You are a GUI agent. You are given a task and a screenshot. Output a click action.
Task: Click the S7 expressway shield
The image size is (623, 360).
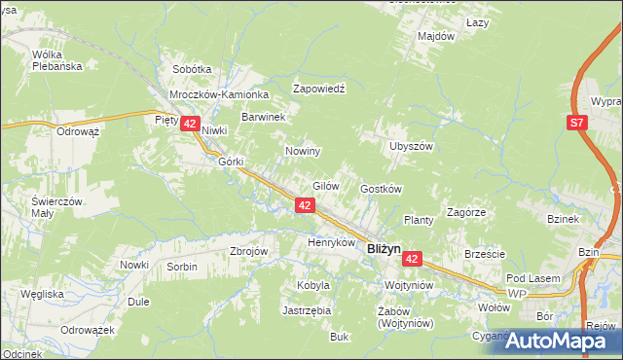click(578, 123)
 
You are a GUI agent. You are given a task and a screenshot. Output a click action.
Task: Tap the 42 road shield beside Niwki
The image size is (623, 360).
click(190, 125)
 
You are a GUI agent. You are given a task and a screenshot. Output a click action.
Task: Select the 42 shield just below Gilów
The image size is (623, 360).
click(305, 205)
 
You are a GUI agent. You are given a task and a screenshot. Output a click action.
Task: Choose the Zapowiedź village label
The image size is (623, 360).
click(320, 88)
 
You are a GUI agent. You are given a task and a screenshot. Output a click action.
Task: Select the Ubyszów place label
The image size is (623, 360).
click(410, 146)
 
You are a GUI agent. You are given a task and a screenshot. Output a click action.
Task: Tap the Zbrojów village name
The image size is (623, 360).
click(248, 250)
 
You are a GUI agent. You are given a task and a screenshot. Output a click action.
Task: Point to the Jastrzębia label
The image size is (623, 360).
click(307, 310)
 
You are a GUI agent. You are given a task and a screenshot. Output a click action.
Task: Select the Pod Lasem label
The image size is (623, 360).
click(532, 278)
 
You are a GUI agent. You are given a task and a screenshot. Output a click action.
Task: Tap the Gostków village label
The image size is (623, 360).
click(382, 189)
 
